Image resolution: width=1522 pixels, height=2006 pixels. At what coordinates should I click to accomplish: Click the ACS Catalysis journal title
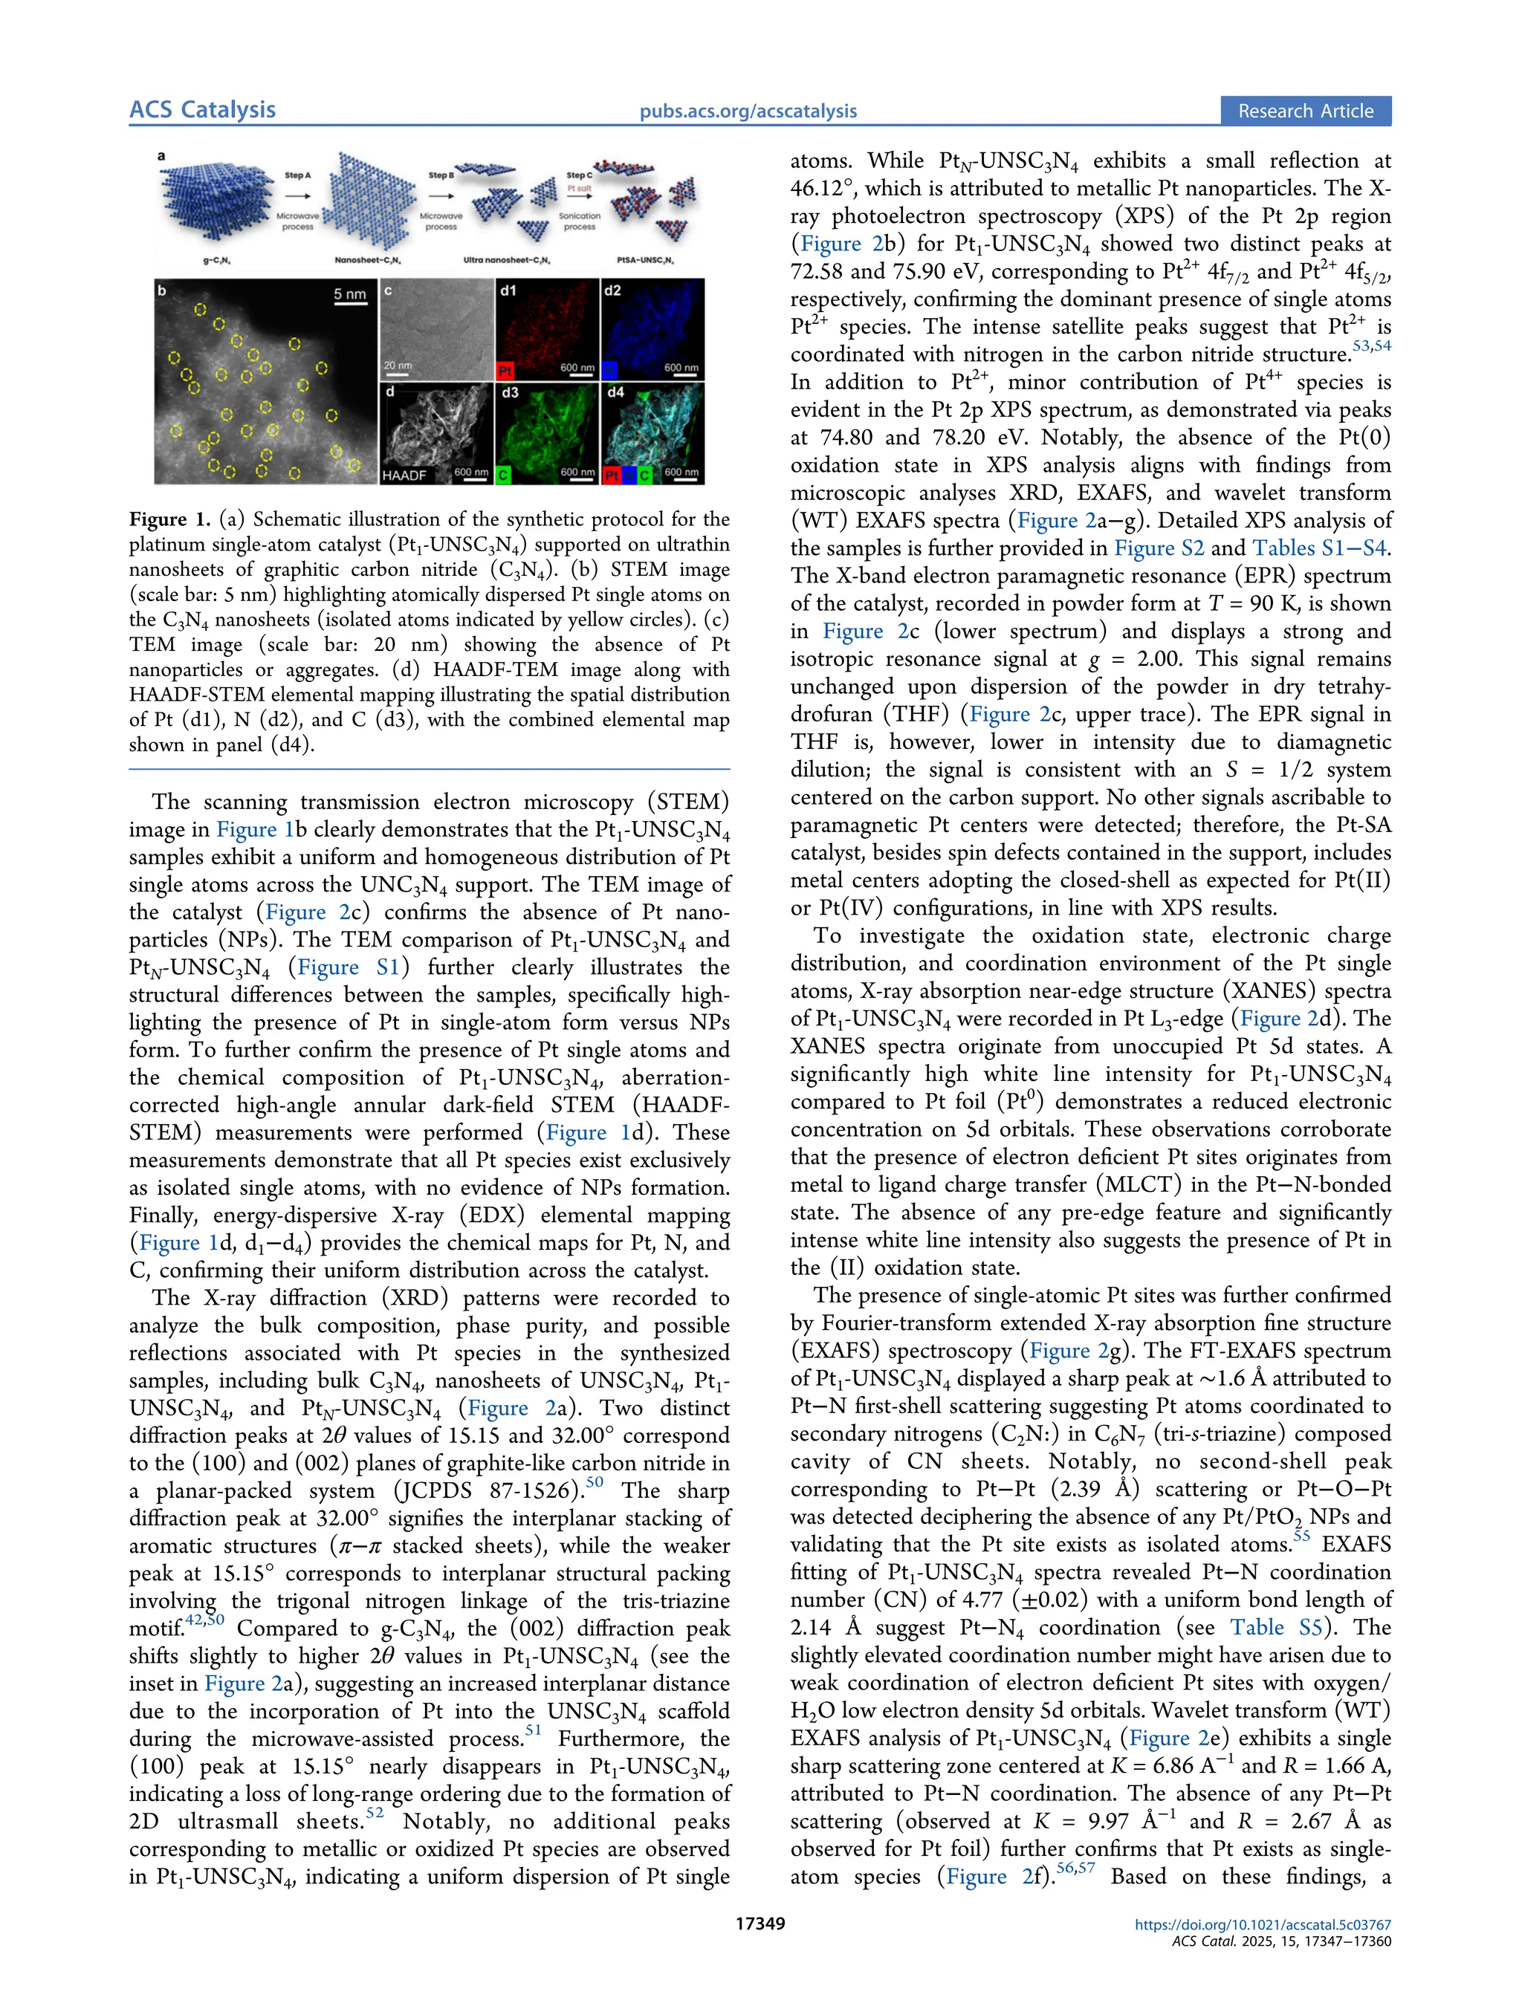pyautogui.click(x=201, y=110)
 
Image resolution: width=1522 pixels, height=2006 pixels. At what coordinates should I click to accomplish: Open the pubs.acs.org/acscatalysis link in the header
pyautogui.click(x=748, y=111)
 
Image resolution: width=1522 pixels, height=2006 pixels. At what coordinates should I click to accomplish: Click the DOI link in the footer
pyautogui.click(x=1263, y=1924)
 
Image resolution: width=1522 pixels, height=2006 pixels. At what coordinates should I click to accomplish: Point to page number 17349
pyautogui.click(x=760, y=1924)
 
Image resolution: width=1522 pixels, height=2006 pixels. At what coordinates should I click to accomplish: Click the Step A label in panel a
pyautogui.click(x=297, y=175)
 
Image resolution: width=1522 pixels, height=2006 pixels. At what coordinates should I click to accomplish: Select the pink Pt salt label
pyautogui.click(x=579, y=189)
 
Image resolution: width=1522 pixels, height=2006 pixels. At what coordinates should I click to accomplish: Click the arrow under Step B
pyautogui.click(x=441, y=194)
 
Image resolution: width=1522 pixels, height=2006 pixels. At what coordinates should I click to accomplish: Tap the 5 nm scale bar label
pyautogui.click(x=349, y=293)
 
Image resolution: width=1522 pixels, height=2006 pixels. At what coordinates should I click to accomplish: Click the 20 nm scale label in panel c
pyautogui.click(x=398, y=366)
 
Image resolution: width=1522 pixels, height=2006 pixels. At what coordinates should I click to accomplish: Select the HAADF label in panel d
pyautogui.click(x=404, y=474)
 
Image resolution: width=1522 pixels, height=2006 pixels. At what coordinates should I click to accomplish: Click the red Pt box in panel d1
pyautogui.click(x=505, y=371)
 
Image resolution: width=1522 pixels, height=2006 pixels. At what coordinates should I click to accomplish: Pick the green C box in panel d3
pyautogui.click(x=503, y=474)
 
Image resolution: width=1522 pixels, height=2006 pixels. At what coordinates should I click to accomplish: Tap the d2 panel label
pyautogui.click(x=612, y=290)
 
